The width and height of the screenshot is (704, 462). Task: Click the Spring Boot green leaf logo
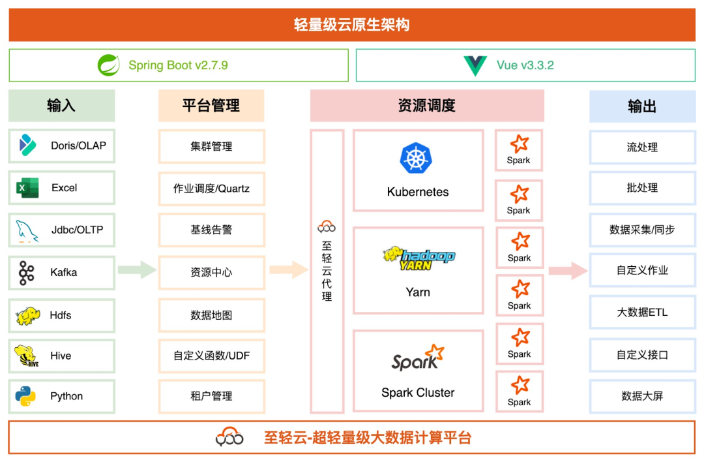pyautogui.click(x=109, y=65)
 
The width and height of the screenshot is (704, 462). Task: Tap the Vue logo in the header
pyautogui.click(x=475, y=65)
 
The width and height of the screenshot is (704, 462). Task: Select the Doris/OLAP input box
pyautogui.click(x=62, y=146)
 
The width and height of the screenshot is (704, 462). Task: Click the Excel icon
pyautogui.click(x=27, y=188)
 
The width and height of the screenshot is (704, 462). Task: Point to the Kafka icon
pyautogui.click(x=27, y=272)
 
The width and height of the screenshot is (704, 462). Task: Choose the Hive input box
pyautogui.click(x=62, y=356)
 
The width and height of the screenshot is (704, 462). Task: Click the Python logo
pyautogui.click(x=26, y=396)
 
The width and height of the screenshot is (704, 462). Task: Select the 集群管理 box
pyautogui.click(x=211, y=146)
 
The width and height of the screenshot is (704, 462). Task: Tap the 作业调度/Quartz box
pyautogui.click(x=211, y=189)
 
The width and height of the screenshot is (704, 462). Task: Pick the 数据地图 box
pyautogui.click(x=211, y=315)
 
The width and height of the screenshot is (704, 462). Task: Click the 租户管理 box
pyautogui.click(x=211, y=396)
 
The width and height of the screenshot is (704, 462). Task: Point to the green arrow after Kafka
pyautogui.click(x=137, y=269)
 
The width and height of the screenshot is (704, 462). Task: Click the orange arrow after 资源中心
pyautogui.click(x=288, y=269)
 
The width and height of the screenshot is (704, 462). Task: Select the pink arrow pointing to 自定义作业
pyautogui.click(x=568, y=270)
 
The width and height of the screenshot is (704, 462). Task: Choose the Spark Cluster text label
pyautogui.click(x=418, y=393)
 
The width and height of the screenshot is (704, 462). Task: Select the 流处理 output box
pyautogui.click(x=642, y=147)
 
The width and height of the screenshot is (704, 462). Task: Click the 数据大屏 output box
pyautogui.click(x=642, y=396)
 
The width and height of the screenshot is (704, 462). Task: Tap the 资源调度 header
pyautogui.click(x=426, y=106)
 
